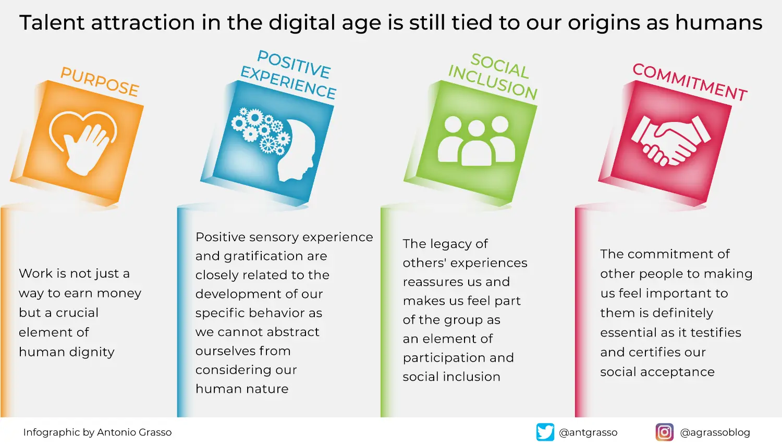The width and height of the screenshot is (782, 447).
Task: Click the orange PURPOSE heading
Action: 100,82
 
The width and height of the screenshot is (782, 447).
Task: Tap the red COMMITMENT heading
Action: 690,82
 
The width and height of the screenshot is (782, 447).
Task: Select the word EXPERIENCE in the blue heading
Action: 288,82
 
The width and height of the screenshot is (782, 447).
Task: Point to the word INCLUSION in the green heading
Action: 492,83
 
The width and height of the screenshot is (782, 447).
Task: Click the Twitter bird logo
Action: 545,432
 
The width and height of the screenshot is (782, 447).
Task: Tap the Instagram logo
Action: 664,432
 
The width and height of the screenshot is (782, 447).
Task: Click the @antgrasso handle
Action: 588,432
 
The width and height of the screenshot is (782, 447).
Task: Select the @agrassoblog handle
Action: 715,432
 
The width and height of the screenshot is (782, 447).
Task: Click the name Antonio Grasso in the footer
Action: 134,432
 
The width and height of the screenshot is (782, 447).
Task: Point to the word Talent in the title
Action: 52,23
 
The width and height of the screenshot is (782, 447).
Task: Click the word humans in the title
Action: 719,23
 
